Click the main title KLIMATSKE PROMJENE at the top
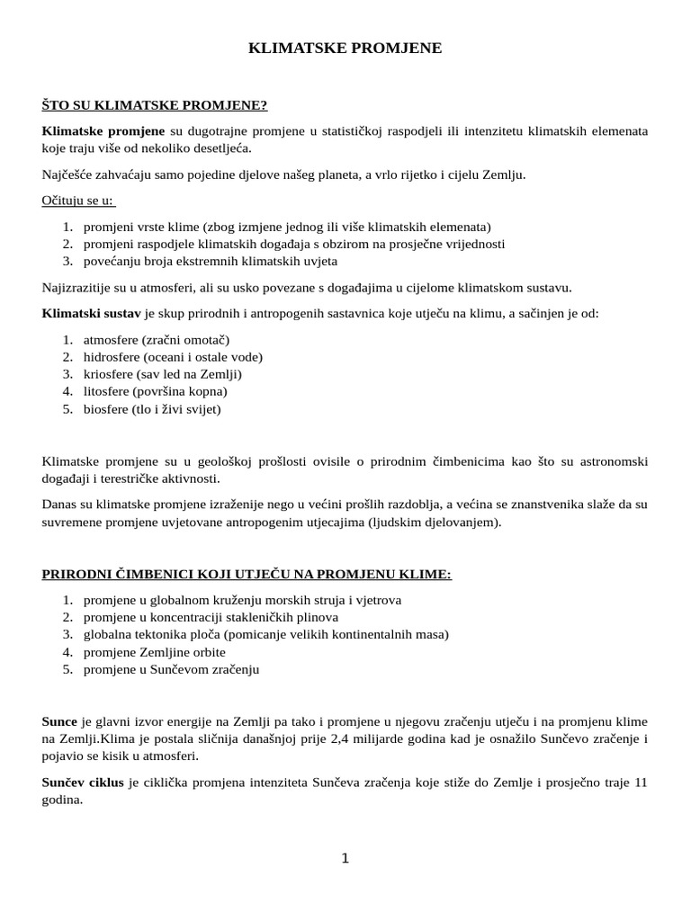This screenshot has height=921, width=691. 345,49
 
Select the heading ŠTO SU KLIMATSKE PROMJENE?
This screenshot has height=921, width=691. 155,105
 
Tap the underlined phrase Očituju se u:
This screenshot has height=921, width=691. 78,200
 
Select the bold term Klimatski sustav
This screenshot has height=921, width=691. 91,313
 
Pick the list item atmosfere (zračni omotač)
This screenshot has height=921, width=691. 157,339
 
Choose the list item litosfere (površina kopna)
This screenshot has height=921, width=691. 155,391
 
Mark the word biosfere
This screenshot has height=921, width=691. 107,408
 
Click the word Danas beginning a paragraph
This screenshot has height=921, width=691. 60,504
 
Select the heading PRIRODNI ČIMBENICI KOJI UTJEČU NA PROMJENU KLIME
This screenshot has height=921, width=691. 247,574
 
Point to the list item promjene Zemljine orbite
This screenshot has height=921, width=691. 154,651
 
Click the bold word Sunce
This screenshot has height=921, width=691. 60,721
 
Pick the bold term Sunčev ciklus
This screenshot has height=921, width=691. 84,782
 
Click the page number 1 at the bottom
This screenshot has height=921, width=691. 345,859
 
